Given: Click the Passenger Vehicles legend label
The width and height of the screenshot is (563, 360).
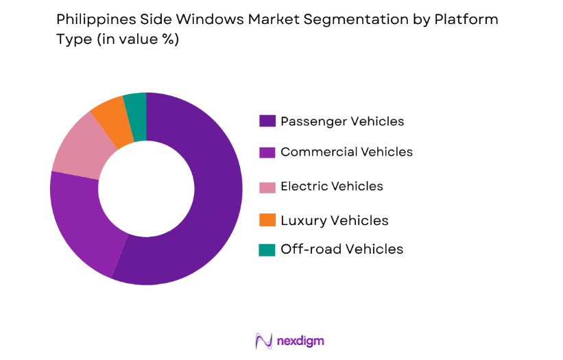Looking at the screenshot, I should [342, 121].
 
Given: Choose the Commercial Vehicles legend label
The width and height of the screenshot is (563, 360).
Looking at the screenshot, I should [346, 152].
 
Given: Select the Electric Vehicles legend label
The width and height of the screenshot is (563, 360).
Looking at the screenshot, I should [332, 186].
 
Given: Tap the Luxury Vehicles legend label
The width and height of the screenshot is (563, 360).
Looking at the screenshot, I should [334, 220].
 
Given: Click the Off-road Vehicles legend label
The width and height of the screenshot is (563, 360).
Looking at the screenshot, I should [342, 249].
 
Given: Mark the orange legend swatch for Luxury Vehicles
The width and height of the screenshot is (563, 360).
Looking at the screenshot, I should [267, 220].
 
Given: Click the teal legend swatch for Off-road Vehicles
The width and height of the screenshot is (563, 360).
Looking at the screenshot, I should [267, 250].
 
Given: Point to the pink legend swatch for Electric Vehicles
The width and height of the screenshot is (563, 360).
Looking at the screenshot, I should [267, 187].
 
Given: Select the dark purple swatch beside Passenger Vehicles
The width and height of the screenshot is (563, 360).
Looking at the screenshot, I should [267, 121].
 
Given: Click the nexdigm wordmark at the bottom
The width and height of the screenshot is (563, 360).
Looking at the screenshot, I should [300, 340].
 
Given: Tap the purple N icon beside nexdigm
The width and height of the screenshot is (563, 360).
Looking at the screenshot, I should [263, 341].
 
